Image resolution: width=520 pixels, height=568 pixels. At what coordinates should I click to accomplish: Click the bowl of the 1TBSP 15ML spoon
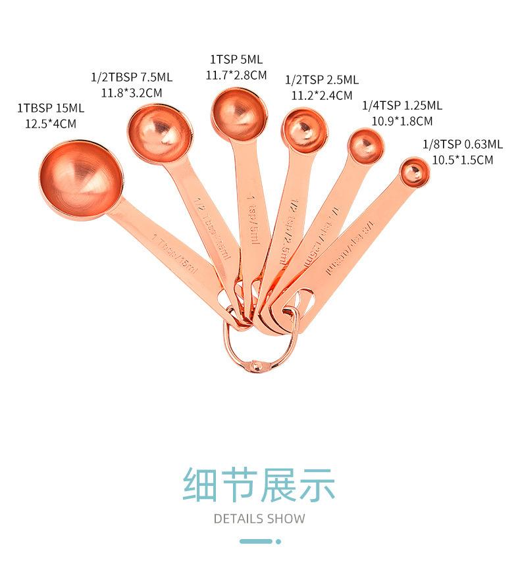pos(81,179)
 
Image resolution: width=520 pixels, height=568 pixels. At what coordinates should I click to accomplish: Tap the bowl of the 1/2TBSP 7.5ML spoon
pos(160,133)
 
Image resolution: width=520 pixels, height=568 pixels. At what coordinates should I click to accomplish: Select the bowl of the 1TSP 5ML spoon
pos(239,114)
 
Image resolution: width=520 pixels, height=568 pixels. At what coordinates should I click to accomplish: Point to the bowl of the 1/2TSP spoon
pos(303,130)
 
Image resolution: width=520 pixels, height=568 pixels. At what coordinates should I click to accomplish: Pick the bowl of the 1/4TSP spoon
pos(365,145)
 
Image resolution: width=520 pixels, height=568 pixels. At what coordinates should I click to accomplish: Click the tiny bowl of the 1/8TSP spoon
pos(414,172)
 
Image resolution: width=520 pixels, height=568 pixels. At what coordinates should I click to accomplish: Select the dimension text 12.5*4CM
pos(51,123)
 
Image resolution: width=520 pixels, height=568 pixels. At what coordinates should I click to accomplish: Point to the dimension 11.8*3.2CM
pos(131,93)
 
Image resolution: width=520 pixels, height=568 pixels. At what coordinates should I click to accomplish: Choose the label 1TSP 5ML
pos(236,60)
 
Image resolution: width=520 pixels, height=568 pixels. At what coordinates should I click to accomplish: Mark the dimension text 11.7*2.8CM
pos(236,75)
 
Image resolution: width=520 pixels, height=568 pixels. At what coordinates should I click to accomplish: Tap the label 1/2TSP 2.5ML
pos(322,80)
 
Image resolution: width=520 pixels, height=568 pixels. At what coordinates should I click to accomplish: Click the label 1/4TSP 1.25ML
pos(402,105)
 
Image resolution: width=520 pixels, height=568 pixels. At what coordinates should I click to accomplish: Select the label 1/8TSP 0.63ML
pos(463,144)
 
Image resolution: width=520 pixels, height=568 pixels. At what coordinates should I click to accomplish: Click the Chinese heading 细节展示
pos(259,485)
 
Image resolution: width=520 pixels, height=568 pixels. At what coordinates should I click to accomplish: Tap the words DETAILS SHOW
pos(259,519)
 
